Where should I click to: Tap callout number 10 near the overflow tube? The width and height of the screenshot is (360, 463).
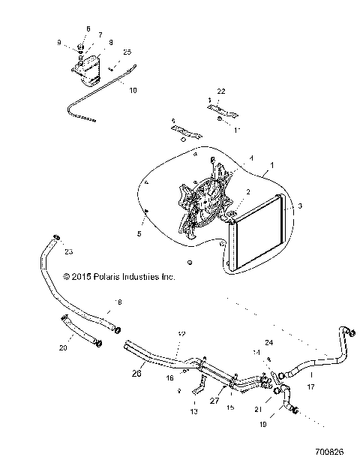133,89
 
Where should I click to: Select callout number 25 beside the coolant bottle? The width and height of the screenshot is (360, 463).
127,52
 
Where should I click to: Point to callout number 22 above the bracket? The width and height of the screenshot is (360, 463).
220,91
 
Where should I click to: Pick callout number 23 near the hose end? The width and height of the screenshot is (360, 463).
68,251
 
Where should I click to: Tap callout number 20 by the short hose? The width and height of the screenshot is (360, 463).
63,347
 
